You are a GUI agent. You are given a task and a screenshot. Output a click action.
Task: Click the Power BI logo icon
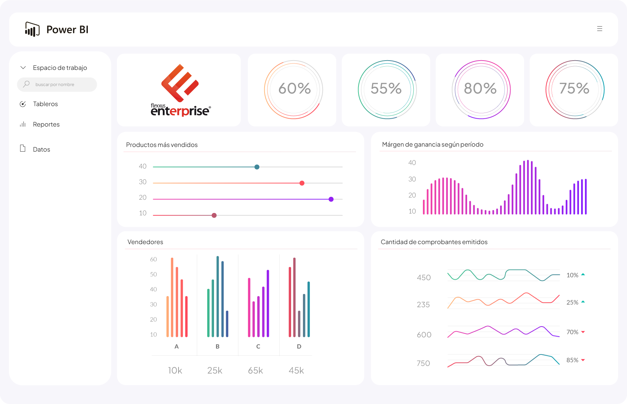32,29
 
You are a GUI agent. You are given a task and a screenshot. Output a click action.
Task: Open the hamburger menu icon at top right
599,29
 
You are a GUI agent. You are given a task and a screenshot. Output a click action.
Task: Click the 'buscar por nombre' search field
57,85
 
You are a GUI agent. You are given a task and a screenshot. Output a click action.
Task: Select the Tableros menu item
45,104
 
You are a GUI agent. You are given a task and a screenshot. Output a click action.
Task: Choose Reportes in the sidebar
46,124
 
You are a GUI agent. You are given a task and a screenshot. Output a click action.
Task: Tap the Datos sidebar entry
41,149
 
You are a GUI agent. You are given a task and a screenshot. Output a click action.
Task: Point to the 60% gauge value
294,89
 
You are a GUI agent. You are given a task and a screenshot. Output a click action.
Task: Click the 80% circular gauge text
480,89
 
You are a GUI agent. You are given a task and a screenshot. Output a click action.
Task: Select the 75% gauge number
574,89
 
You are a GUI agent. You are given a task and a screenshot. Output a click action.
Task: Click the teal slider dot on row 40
257,167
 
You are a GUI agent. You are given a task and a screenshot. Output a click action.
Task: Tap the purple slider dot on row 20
331,199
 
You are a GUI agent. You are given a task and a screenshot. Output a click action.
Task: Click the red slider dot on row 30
302,183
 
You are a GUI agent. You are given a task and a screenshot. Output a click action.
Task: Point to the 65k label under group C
255,370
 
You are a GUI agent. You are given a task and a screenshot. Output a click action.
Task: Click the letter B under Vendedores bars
217,347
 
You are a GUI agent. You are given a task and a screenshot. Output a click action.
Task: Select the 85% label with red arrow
572,360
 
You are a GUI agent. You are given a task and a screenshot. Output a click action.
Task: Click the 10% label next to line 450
572,275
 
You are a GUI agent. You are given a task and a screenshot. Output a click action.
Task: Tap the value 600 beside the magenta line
424,335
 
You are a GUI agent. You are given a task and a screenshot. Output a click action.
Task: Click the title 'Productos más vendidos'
162,145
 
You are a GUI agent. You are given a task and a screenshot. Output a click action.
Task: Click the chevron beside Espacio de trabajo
23,68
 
